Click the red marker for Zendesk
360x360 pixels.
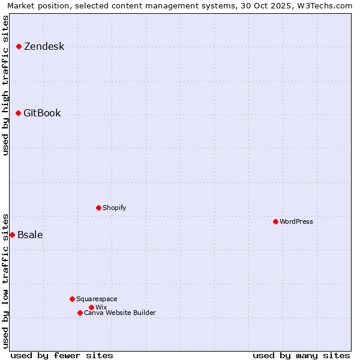pyautogui.click(x=19, y=47)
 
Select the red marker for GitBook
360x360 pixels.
pyautogui.click(x=19, y=113)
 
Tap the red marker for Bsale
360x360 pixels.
pyautogui.click(x=13, y=235)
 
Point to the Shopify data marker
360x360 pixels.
pyautogui.click(x=99, y=208)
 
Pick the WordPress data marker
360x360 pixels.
pyautogui.click(x=276, y=222)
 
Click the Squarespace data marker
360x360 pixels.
pyautogui.click(x=73, y=299)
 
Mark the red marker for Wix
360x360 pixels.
pyautogui.click(x=92, y=308)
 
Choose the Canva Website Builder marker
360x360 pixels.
pyautogui.click(x=80, y=313)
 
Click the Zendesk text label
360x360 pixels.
pyautogui.click(x=44, y=47)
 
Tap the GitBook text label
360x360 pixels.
pyautogui.click(x=42, y=113)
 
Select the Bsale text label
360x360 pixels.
pyautogui.click(x=30, y=235)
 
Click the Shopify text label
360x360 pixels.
pyautogui.click(x=114, y=208)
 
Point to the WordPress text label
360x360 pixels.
pyautogui.click(x=296, y=222)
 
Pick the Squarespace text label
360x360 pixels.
pyautogui.click(x=97, y=299)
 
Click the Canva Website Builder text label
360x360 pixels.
pyautogui.click(x=120, y=313)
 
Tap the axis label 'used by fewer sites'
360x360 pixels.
pyautogui.click(x=62, y=356)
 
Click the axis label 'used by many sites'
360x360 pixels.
pyautogui.click(x=301, y=356)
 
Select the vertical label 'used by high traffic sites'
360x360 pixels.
pyautogui.click(x=6, y=85)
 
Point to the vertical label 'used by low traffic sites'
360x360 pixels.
pyautogui.click(x=6, y=280)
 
